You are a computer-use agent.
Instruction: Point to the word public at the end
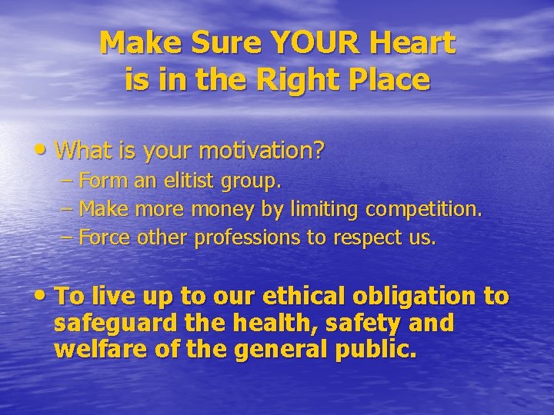coord(379,350)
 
